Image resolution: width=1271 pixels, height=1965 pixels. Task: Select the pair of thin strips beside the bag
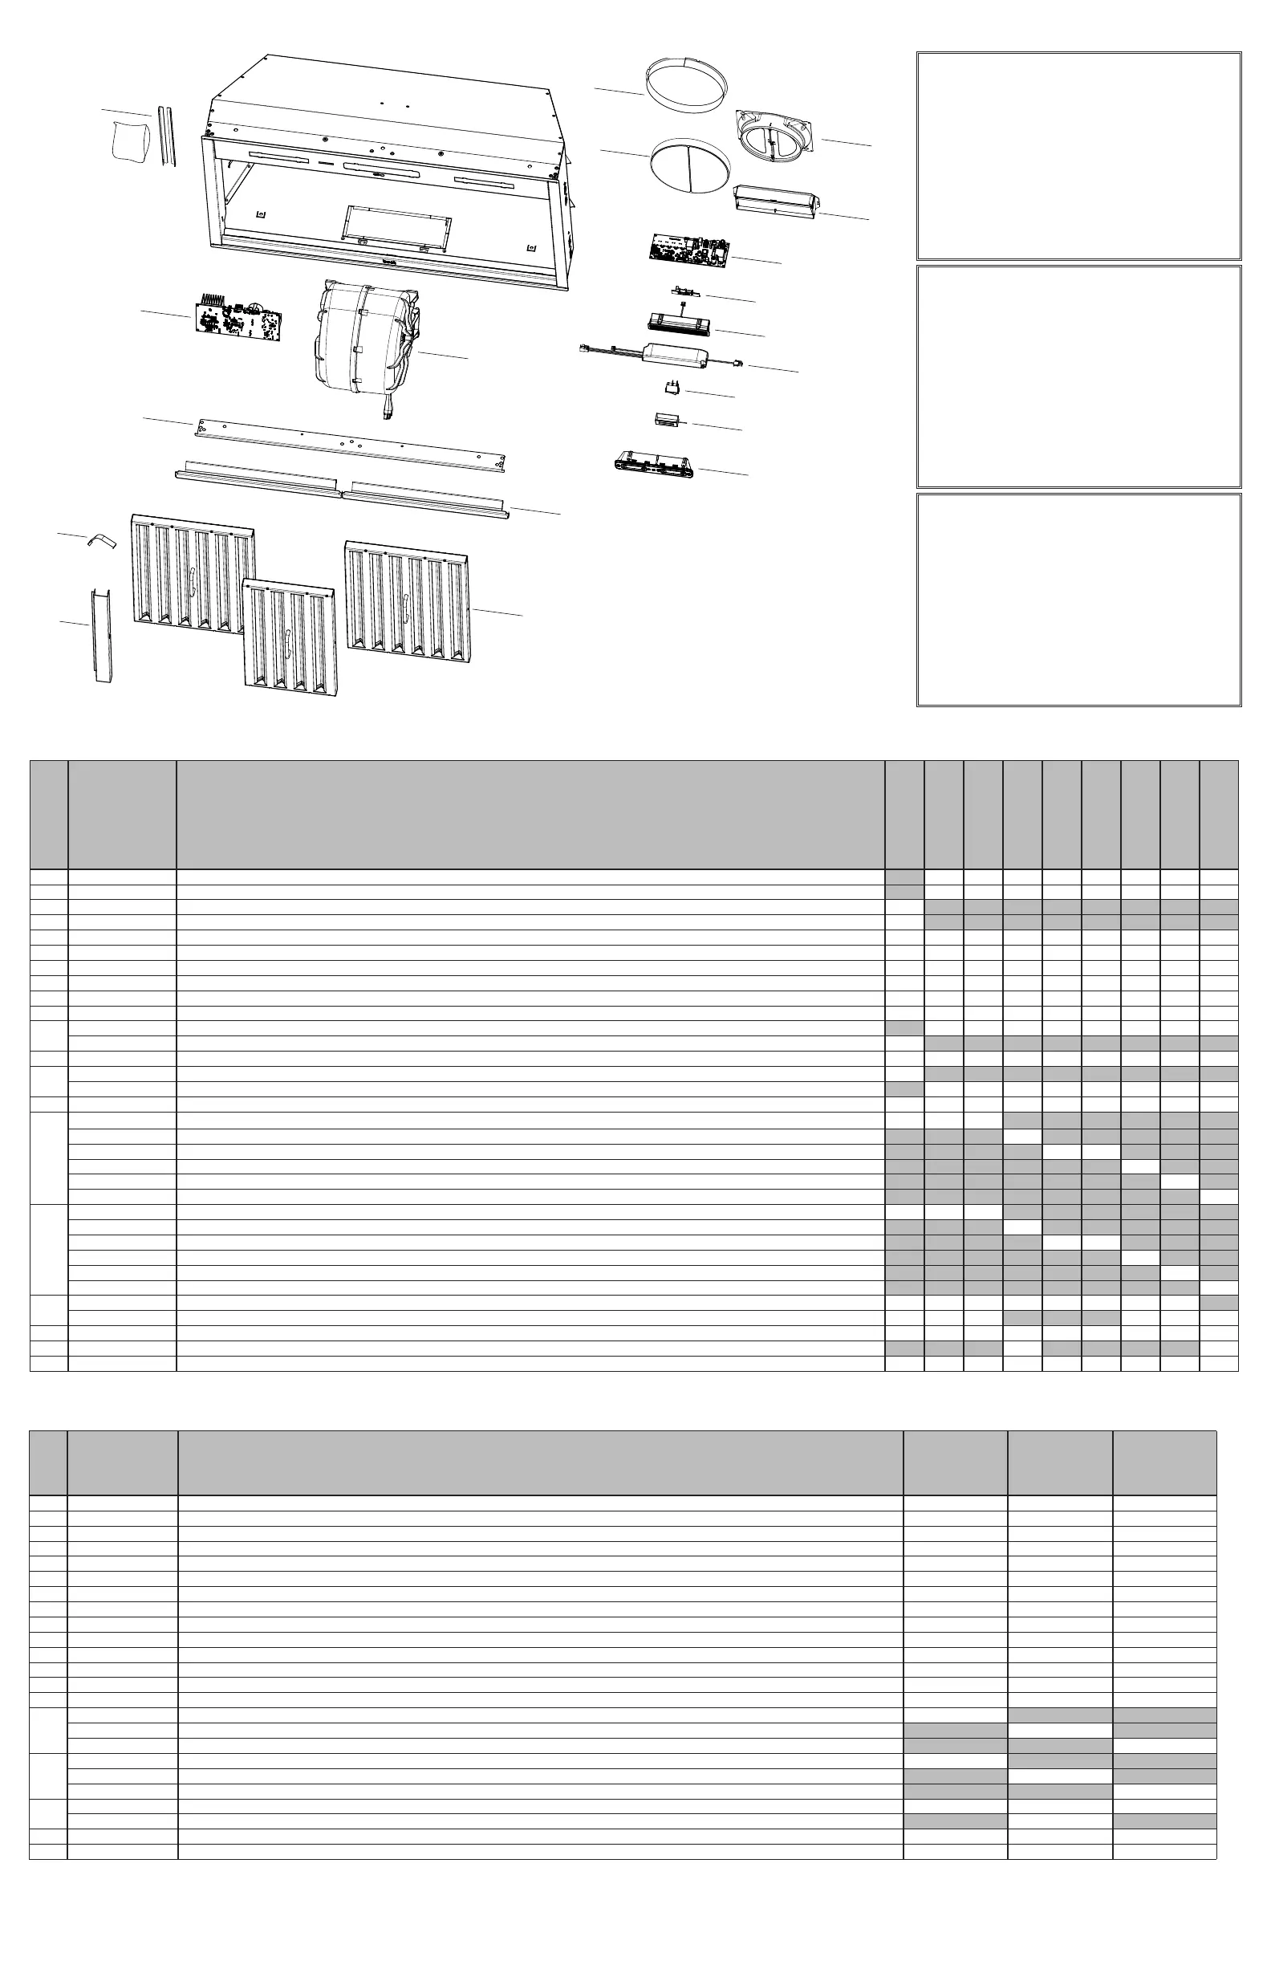[167, 136]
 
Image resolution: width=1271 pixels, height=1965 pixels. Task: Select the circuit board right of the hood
[688, 251]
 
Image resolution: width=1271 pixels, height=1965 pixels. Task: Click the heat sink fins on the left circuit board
[213, 298]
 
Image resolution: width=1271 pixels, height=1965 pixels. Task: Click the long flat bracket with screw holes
[350, 445]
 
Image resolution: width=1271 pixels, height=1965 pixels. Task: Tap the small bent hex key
[103, 540]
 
